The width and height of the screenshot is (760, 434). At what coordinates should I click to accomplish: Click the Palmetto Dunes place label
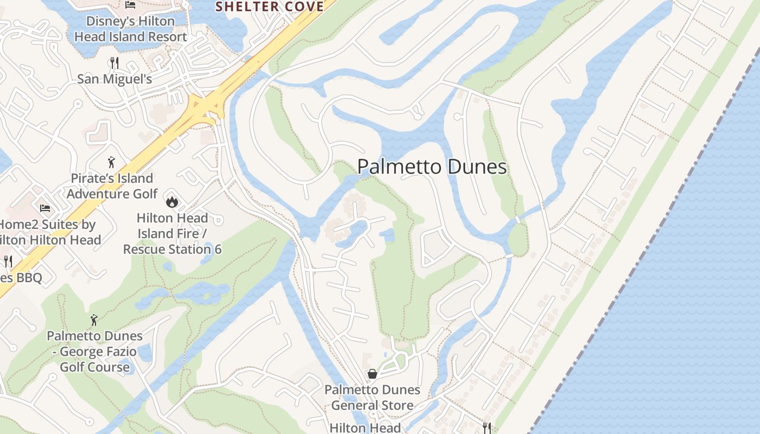[x=432, y=167]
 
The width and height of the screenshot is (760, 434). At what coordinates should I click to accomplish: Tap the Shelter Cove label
[x=270, y=7]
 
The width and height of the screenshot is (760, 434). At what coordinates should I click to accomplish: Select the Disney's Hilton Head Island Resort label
[x=130, y=29]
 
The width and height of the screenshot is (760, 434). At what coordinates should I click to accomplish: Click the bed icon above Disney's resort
[x=130, y=5]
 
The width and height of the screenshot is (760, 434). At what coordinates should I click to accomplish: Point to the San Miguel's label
[x=114, y=79]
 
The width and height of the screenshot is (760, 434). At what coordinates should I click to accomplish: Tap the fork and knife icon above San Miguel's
[x=114, y=62]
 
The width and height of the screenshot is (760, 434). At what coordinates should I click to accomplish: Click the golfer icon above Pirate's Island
[x=111, y=162]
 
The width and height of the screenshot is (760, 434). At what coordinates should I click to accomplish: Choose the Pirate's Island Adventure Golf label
[x=112, y=186]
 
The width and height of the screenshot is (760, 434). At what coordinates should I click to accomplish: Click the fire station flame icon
[x=172, y=202]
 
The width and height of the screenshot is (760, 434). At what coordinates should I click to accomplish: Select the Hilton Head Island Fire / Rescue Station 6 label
[x=172, y=234]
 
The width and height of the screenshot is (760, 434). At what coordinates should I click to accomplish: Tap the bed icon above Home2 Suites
[x=45, y=208]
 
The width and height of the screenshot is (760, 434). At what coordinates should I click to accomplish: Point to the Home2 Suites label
[x=49, y=232]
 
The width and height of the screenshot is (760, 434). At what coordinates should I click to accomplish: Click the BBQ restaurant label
[x=22, y=278]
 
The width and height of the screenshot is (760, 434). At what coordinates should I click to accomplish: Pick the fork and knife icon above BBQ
[x=8, y=261]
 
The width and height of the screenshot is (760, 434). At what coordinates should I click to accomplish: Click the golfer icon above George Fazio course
[x=94, y=320]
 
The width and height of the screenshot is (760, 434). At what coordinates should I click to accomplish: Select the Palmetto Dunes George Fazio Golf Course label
[x=94, y=352]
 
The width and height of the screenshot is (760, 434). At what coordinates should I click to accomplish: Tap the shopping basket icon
[x=372, y=374]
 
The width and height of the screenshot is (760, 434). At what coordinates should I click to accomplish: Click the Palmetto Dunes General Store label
[x=372, y=398]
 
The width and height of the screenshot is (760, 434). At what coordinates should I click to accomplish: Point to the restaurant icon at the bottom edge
[x=486, y=427]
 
